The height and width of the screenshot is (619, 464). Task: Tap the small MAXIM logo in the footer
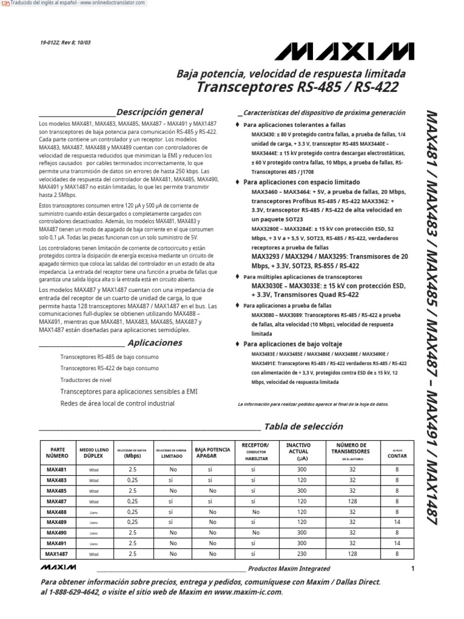(58, 568)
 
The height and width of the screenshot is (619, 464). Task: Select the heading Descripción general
(159, 112)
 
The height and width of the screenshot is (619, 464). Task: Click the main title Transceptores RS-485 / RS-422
(297, 88)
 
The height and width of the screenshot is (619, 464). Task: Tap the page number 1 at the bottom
(413, 568)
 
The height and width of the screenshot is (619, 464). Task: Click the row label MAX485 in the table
(57, 490)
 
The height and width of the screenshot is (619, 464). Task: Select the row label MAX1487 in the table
(57, 553)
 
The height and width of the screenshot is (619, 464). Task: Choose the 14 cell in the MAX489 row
(397, 522)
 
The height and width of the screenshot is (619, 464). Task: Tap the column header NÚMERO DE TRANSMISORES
(350, 450)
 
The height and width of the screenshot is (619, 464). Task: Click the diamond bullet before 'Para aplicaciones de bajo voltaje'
(237, 343)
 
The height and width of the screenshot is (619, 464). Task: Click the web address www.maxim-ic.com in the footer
(248, 592)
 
